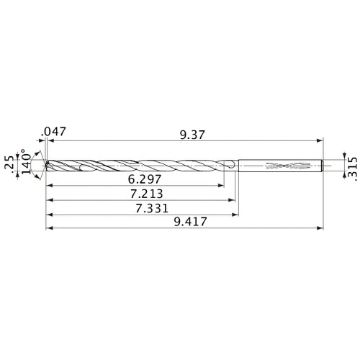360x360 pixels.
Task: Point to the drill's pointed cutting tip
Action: (46, 165)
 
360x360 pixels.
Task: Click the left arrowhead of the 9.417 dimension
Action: (48, 230)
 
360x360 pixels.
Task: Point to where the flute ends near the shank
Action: (229, 166)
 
